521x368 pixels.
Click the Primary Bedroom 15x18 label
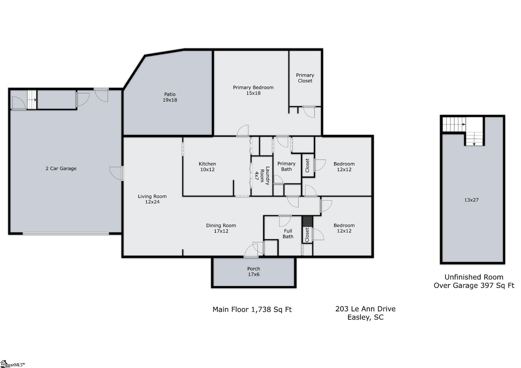[x=253, y=90]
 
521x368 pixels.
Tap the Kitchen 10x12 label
[x=207, y=167]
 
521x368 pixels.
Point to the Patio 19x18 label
[x=170, y=97]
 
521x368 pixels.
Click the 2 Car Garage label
[x=61, y=168]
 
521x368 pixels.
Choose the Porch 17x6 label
[x=254, y=272]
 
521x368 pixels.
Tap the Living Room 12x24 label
[x=152, y=199]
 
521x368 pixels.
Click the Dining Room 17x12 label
[x=221, y=228]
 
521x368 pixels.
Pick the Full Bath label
[x=288, y=234]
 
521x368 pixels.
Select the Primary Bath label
[x=286, y=166]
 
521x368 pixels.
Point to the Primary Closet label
[x=305, y=78]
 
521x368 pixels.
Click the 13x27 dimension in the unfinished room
[x=471, y=200]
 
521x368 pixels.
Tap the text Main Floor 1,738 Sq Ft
[x=252, y=309]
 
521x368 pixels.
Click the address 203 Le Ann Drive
[x=365, y=309]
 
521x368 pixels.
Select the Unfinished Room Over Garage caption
[x=474, y=281]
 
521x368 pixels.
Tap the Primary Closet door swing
[x=309, y=112]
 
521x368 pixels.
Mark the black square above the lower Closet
[x=307, y=221]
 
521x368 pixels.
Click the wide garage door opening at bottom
[x=66, y=233]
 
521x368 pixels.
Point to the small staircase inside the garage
[x=32, y=99]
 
